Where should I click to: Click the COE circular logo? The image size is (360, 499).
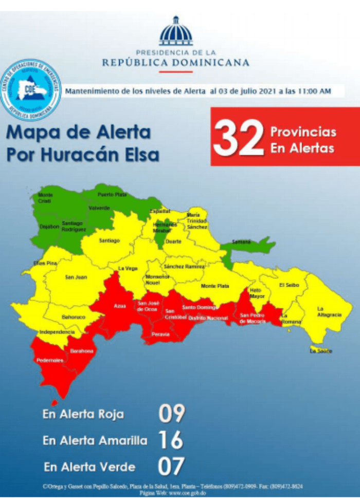point(31,89)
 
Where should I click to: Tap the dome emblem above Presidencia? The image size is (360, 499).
point(176,32)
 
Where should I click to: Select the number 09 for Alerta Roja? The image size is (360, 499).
point(171,414)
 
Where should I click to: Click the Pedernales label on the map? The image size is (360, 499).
point(50,360)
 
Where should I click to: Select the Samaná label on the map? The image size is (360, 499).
point(241,241)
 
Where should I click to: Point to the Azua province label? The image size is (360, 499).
point(120,306)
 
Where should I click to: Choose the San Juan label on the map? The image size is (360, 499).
point(76,278)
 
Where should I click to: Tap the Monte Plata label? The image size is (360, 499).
point(215,286)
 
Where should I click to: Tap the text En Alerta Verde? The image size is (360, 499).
point(89,467)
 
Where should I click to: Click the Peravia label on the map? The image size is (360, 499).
point(160,334)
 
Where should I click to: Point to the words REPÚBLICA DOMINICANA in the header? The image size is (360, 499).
point(175,63)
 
